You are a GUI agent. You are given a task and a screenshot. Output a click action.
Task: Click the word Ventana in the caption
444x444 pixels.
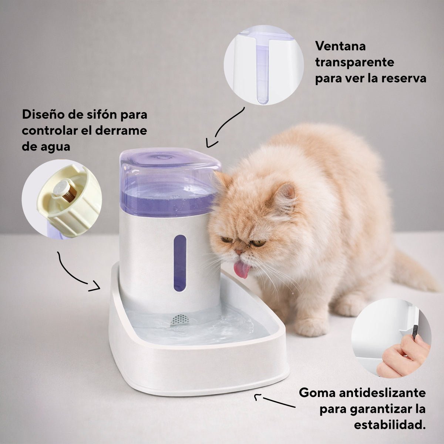click(340, 46)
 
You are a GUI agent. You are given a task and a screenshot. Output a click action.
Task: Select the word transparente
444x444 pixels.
click(354, 62)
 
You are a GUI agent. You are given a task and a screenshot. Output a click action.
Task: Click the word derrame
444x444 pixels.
click(121, 130)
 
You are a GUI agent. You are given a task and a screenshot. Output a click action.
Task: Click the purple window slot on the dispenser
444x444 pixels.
click(180, 263)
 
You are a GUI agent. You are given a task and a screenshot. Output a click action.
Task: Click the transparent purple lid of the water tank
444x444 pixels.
click(170, 180)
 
